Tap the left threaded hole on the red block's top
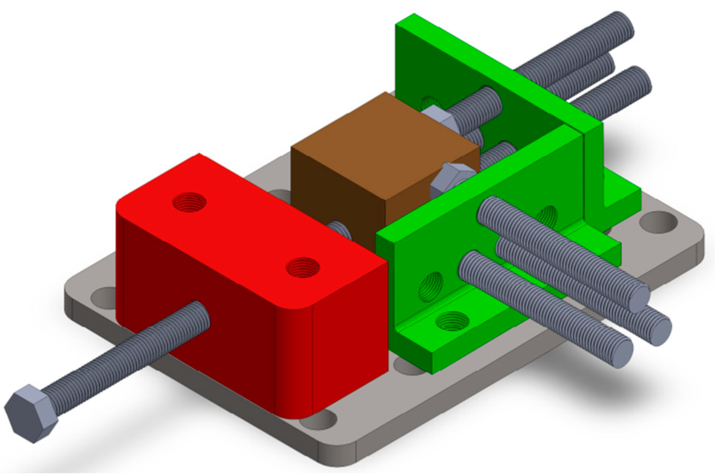point(189,202)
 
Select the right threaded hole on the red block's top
point(303,267)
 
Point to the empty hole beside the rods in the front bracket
point(548,216)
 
